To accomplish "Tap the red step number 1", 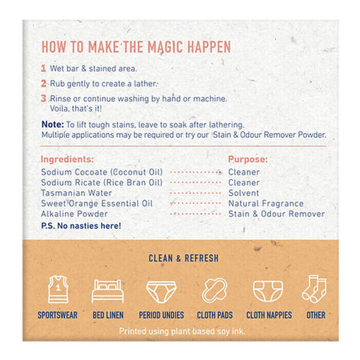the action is [43, 68].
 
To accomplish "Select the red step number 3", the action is [43, 98].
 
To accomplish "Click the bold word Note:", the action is [52, 124].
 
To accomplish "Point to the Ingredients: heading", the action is [67, 159].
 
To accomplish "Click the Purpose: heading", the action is [247, 159].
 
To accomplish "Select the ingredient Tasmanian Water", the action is [76, 193].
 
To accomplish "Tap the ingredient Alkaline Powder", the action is [74, 214].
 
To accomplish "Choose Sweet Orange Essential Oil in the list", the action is [97, 203].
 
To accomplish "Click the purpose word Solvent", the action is [240, 193].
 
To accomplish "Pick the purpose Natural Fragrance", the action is [265, 203].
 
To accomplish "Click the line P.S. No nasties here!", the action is [81, 226].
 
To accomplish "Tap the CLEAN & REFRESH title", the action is [184, 258].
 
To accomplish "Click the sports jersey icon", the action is [58, 289].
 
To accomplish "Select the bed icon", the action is [108, 291].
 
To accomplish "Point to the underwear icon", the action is [161, 292].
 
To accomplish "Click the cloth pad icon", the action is [214, 290].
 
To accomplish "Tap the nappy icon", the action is [268, 292].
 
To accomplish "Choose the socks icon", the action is [314, 289].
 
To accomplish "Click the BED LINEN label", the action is [108, 315].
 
